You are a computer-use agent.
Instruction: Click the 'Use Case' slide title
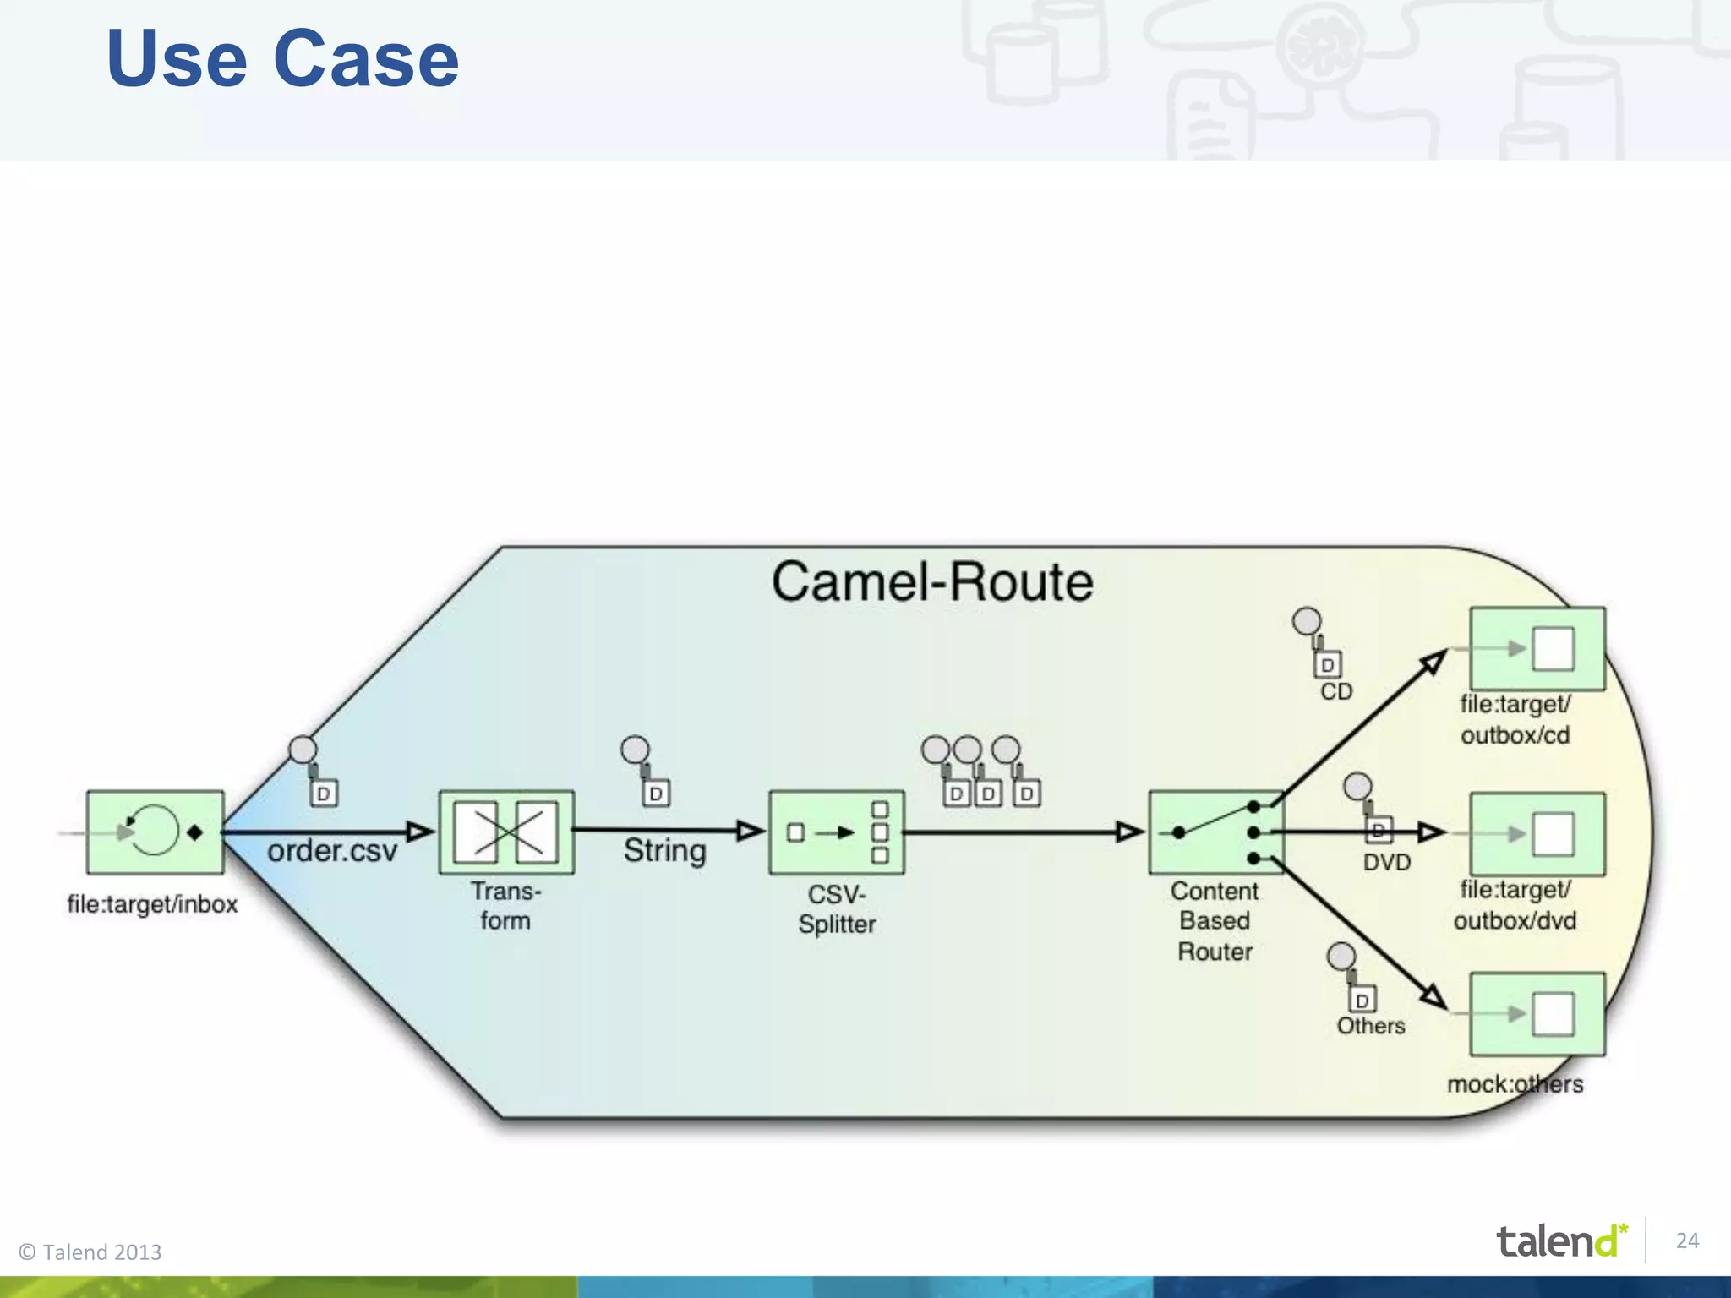tap(282, 59)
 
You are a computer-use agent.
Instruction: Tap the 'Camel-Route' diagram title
tap(931, 582)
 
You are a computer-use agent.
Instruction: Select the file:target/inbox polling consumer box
tap(156, 832)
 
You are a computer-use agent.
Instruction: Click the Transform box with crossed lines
tap(506, 832)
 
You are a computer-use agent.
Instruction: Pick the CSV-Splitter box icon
tap(836, 832)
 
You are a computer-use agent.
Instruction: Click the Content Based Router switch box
tap(1215, 832)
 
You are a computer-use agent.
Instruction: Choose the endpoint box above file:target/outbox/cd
tap(1537, 649)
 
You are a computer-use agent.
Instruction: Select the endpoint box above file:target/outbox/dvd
tap(1537, 834)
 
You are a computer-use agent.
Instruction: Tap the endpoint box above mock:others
tap(1537, 1014)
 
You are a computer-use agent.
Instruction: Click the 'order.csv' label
tap(332, 851)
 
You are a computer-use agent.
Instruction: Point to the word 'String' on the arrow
tap(664, 851)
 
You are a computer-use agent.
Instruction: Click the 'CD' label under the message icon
tap(1336, 692)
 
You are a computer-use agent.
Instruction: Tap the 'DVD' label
tap(1387, 863)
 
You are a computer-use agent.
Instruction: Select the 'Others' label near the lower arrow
tap(1370, 1026)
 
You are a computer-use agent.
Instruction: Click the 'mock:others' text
tap(1515, 1084)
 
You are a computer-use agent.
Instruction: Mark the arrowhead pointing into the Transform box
tap(420, 832)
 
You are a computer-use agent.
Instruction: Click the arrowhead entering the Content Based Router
tap(1129, 832)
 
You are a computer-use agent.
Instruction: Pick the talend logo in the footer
tap(1560, 1241)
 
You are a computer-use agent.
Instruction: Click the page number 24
tap(1687, 1241)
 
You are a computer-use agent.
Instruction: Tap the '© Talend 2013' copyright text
tap(90, 1252)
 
